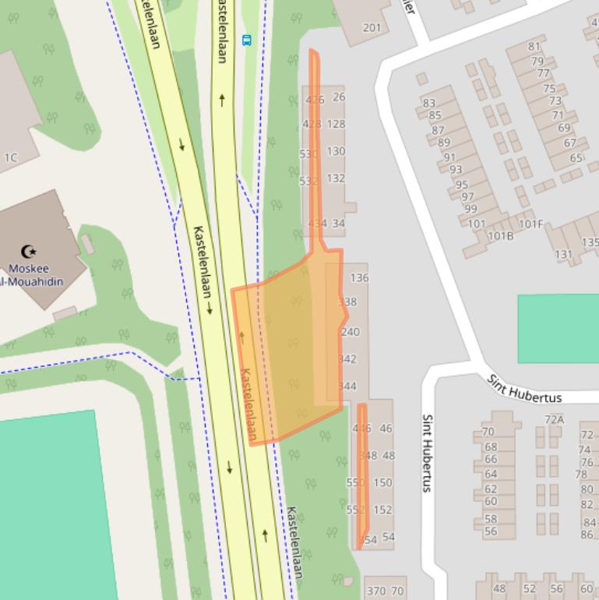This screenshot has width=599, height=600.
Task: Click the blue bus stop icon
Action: (x=247, y=40)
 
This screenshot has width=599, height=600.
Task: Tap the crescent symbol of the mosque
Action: (x=28, y=251)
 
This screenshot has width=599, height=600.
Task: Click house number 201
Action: (x=372, y=28)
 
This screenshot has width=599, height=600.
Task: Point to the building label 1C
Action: (x=10, y=157)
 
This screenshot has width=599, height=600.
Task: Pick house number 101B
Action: (x=500, y=236)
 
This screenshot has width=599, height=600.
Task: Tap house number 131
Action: (x=563, y=255)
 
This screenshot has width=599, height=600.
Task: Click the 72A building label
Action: (x=554, y=419)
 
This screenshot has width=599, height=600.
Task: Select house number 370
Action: (x=376, y=591)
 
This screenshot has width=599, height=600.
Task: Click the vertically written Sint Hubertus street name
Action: (x=427, y=453)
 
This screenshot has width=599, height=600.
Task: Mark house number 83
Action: (x=429, y=103)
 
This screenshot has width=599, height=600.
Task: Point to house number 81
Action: (x=534, y=47)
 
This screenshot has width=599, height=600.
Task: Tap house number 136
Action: (x=359, y=277)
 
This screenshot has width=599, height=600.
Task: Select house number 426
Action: (x=315, y=100)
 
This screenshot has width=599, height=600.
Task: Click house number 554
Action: (x=367, y=539)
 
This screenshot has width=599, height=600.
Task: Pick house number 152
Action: (x=382, y=510)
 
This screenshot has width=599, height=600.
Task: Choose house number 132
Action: (x=336, y=178)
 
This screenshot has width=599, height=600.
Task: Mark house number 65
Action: (x=576, y=158)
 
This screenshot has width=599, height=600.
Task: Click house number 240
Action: (x=351, y=332)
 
